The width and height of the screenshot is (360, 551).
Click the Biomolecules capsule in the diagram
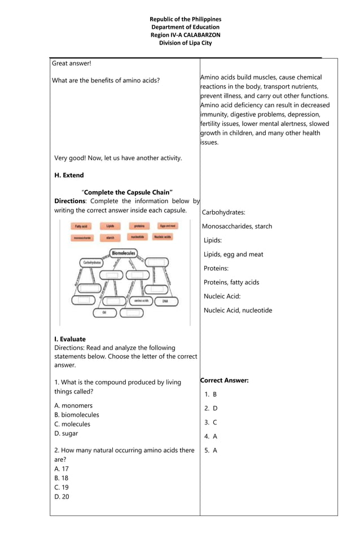pos(123,253)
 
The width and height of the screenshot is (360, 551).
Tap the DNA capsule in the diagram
pos(165,301)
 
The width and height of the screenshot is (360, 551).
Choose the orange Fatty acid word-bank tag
pos(81,226)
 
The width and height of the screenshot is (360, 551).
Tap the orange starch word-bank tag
pos(110,238)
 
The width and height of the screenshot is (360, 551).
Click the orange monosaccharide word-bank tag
pos(81,238)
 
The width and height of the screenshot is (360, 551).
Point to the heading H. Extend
pos(69,176)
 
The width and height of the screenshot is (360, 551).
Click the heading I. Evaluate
pos(70,339)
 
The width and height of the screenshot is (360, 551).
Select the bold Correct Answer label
pos(224,381)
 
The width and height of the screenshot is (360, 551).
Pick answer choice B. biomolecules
pos(76,415)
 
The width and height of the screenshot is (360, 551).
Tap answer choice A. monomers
pos(73,405)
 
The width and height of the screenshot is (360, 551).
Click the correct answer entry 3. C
pos(210,422)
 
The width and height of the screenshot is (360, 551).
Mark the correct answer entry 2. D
pos(210,408)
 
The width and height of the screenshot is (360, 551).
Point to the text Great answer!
pos(71,63)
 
